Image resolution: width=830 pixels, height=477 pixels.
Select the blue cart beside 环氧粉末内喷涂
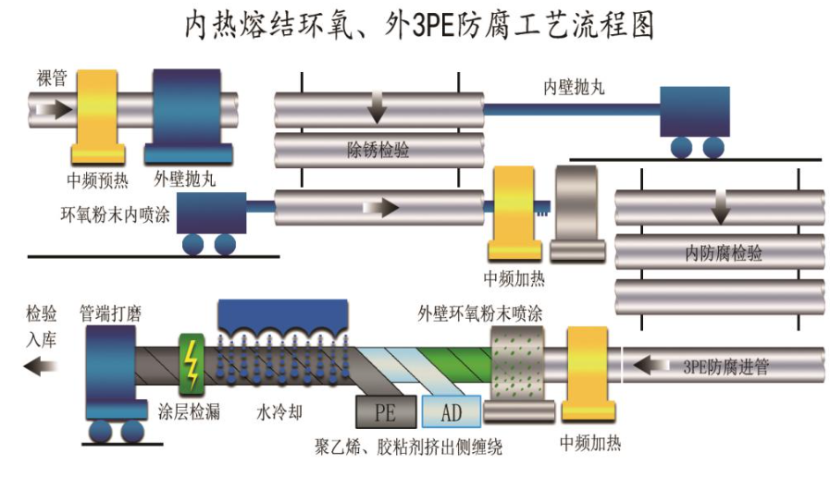[210, 222]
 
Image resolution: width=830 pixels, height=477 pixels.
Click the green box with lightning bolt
[193, 362]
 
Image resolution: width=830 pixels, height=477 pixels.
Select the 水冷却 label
[279, 411]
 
